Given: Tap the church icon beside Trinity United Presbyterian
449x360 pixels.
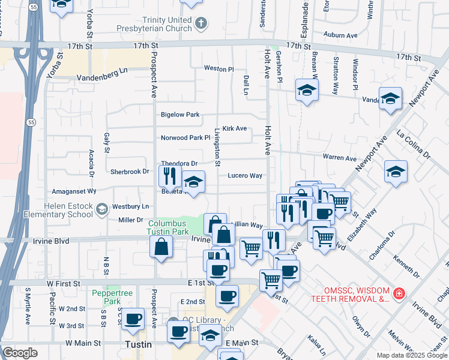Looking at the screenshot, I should pyautogui.click(x=201, y=23).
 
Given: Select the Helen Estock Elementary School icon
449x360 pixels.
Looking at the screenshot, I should pyautogui.click(x=102, y=209).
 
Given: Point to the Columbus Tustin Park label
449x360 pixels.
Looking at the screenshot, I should pyautogui.click(x=168, y=227).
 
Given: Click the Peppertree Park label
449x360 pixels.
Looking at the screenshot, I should pyautogui.click(x=106, y=297).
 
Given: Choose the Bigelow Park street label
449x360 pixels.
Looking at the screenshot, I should pyautogui.click(x=179, y=115).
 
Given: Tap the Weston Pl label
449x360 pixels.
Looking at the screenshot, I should pyautogui.click(x=218, y=69).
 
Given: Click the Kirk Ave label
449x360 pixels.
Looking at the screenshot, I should pyautogui.click(x=235, y=128).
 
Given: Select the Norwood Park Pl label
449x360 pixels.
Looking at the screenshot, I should pyautogui.click(x=185, y=137).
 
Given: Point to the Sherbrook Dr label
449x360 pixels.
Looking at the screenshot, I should pyautogui.click(x=129, y=172).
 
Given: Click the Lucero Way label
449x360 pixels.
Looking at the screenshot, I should pyautogui.click(x=244, y=176).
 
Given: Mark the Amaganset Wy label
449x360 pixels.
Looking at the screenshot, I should pyautogui.click(x=74, y=191).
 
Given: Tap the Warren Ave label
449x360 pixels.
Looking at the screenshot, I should pyautogui.click(x=339, y=158).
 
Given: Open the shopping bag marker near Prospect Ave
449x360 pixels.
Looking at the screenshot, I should pyautogui.click(x=161, y=247).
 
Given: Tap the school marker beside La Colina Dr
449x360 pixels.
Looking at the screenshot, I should pyautogui.click(x=396, y=172).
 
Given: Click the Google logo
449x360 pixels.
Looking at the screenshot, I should pyautogui.click(x=20, y=353).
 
